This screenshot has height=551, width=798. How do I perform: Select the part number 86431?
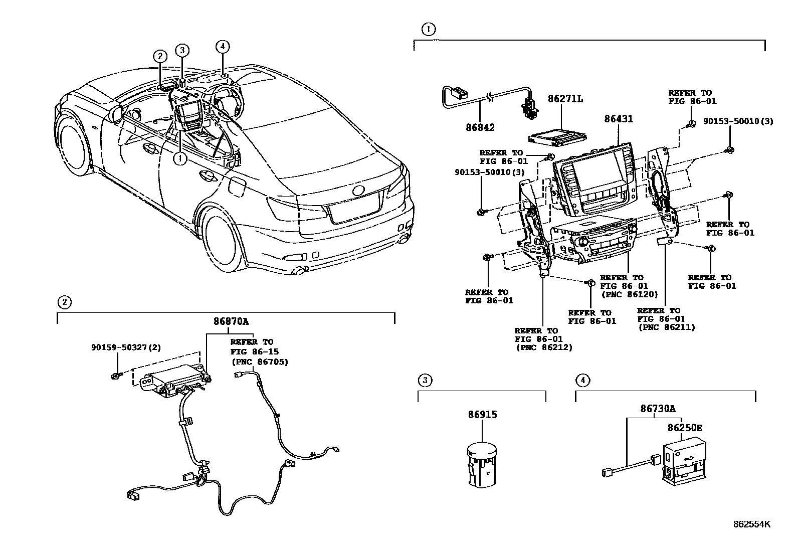(x=618, y=119)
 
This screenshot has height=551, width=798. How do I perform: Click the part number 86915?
(x=483, y=415)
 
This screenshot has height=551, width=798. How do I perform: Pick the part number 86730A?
(x=657, y=409)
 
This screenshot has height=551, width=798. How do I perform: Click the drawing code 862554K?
(x=751, y=525)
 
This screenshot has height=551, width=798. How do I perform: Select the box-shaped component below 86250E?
(x=684, y=460)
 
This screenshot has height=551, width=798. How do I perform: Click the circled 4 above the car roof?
(x=223, y=47)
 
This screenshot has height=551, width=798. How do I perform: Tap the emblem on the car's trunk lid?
(x=359, y=191)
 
